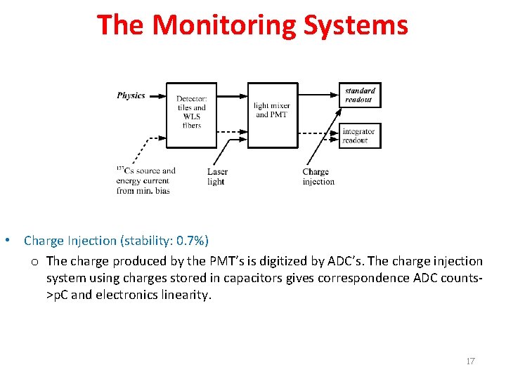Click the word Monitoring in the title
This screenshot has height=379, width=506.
click(226, 25)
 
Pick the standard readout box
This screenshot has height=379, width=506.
click(359, 95)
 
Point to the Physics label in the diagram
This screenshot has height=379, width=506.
click(131, 95)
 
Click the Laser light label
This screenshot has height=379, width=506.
click(217, 177)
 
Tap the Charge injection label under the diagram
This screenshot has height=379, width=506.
click(318, 177)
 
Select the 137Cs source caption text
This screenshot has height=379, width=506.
click(146, 180)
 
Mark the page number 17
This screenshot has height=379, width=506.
click(470, 361)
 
